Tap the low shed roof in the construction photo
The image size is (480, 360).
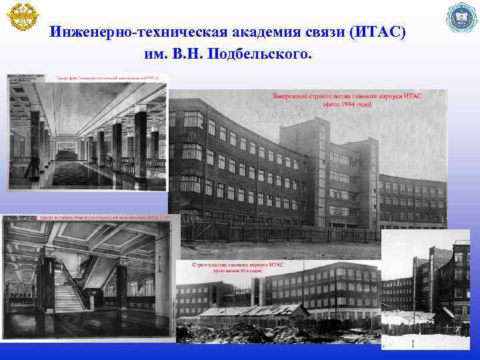253,311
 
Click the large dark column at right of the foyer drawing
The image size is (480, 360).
140,143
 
